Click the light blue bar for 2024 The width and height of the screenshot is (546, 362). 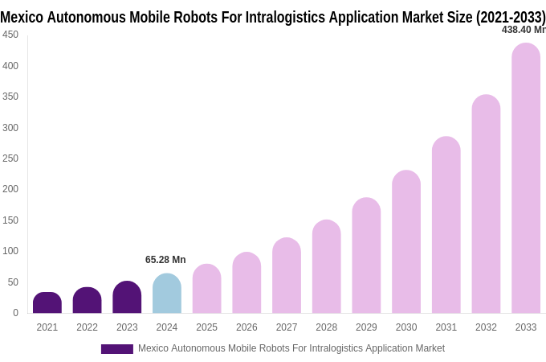167,294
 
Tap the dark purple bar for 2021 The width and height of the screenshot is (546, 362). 47,303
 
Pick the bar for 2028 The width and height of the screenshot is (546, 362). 327,267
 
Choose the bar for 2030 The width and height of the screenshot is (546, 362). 406,242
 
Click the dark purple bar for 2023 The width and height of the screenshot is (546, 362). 127,298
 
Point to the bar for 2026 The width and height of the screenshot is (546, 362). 247,283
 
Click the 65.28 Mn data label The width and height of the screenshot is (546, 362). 165,260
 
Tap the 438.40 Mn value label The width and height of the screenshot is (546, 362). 524,30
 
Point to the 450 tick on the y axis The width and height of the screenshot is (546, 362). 10,35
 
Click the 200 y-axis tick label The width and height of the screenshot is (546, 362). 10,189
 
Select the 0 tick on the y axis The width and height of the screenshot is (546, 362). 15,313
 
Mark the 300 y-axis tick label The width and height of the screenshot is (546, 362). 10,127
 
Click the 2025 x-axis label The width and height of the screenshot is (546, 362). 206,327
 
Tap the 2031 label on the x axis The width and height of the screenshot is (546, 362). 446,327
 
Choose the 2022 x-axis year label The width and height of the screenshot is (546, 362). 87,327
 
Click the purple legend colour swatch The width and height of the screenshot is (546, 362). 116,349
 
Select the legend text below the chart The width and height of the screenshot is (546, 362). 291,348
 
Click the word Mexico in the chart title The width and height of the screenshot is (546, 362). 22,17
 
